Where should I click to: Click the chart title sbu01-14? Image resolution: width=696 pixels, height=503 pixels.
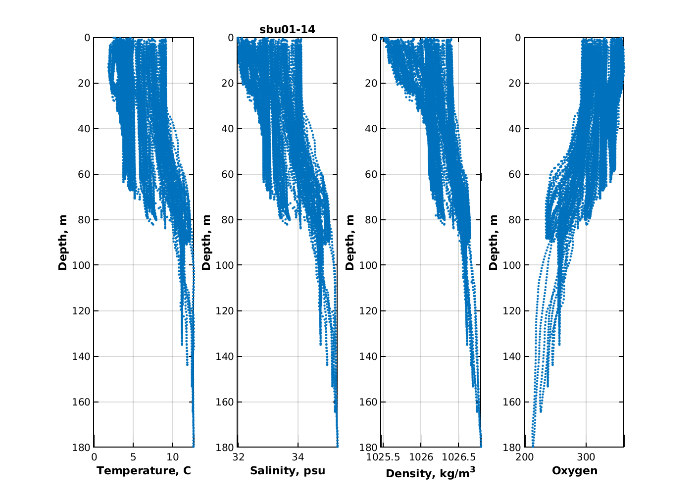click(x=287, y=30)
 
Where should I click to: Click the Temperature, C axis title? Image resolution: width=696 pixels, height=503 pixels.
click(x=144, y=470)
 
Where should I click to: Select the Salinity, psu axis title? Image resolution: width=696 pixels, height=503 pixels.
click(x=288, y=470)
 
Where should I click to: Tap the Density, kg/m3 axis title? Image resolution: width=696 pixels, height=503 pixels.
click(x=430, y=473)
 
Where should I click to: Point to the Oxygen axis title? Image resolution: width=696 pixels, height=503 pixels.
click(x=575, y=470)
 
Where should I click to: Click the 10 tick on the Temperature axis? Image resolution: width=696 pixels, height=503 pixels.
click(x=172, y=456)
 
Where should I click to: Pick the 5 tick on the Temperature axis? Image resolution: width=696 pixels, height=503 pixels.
click(x=133, y=456)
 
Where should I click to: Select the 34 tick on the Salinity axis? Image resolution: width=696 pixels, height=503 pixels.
click(x=298, y=456)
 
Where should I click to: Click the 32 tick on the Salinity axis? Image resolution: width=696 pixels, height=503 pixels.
click(x=239, y=456)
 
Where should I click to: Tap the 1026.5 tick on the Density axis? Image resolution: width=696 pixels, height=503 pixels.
click(x=458, y=456)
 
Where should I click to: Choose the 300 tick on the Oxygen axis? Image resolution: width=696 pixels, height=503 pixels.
click(x=586, y=456)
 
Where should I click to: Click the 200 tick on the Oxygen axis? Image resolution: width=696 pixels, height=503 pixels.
click(x=525, y=456)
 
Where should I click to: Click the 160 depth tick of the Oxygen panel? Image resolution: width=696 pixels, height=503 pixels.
click(x=511, y=402)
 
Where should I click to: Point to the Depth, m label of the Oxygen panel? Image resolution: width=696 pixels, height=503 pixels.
click(x=494, y=243)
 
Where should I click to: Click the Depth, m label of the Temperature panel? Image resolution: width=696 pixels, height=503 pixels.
click(x=63, y=243)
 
